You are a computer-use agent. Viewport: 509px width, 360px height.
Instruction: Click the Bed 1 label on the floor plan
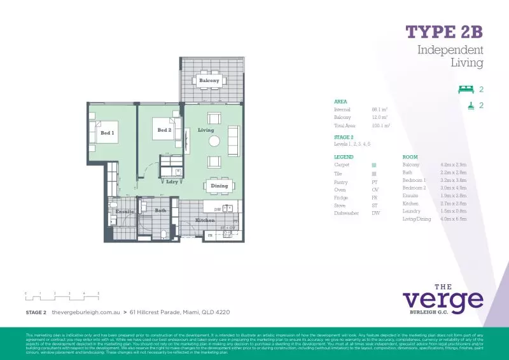107,133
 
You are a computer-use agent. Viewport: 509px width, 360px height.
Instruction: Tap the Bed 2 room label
164,130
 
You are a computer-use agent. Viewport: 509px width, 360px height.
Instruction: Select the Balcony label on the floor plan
209,81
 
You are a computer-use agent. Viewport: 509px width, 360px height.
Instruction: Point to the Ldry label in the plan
171,182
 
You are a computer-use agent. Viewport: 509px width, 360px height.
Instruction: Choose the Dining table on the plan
219,186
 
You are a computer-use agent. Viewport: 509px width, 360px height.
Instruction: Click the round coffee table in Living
214,141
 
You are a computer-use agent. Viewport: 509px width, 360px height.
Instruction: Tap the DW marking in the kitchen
218,209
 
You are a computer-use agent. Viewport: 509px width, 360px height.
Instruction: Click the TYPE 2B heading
444,32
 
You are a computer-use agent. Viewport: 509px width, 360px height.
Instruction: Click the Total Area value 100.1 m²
380,126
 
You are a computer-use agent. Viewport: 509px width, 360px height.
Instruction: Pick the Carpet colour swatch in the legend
374,165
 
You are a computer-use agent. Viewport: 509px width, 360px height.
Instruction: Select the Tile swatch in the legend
374,173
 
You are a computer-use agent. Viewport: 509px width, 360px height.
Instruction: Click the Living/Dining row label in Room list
417,219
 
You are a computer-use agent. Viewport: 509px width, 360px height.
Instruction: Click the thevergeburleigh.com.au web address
85,312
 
